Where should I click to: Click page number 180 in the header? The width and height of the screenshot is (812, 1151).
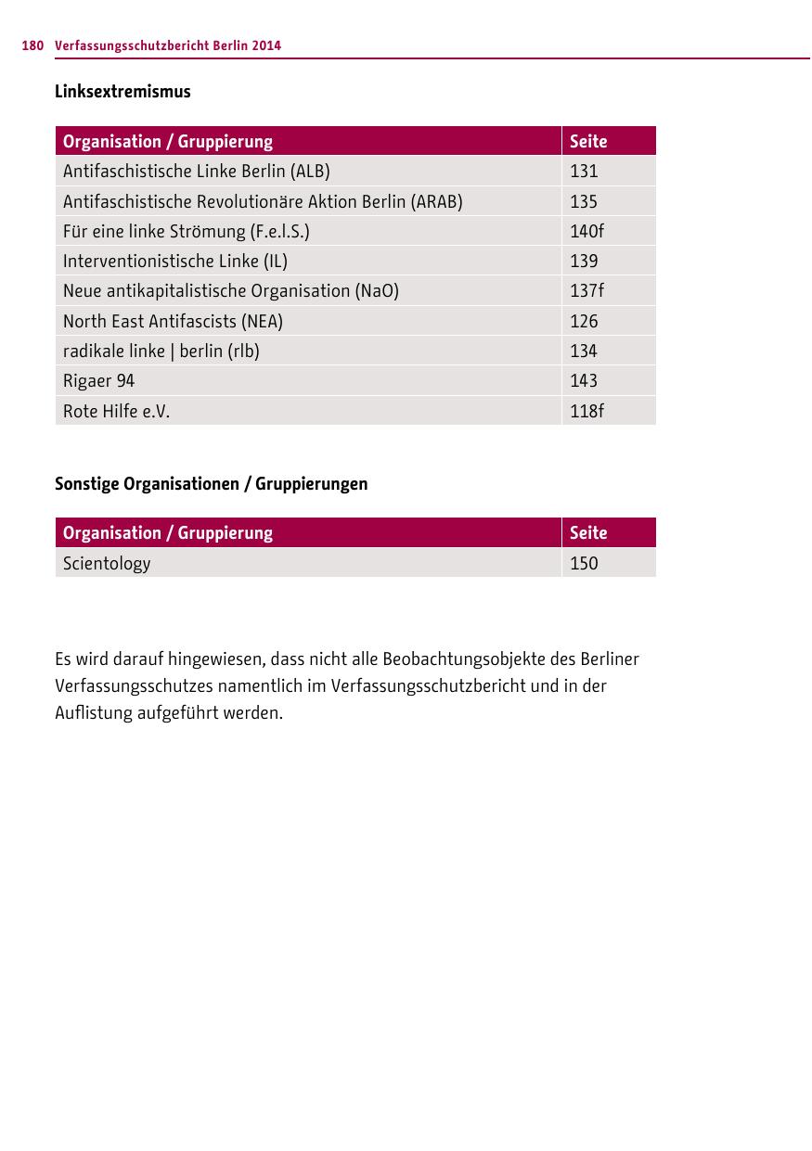[32, 45]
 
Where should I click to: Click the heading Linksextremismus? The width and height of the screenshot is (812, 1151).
[122, 91]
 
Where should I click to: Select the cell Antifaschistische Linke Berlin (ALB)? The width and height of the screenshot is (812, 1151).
[197, 172]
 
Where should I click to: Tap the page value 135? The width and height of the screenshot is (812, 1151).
[584, 201]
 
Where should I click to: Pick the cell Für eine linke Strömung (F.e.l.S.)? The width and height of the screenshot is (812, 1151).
[187, 231]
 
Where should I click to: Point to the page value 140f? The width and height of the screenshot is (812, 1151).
[586, 231]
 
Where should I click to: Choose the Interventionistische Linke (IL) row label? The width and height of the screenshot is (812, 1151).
[175, 262]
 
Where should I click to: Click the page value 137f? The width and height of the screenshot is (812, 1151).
[586, 291]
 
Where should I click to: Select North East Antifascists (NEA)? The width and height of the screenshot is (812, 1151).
[173, 321]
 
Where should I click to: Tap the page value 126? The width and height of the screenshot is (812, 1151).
[584, 321]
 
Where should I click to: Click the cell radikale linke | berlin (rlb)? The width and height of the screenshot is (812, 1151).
[161, 351]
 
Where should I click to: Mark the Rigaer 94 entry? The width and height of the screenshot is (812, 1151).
[98, 380]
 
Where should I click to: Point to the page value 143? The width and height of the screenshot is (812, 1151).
[584, 380]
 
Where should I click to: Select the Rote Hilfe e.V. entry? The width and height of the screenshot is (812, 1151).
[116, 411]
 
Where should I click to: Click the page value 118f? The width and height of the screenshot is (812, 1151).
[586, 411]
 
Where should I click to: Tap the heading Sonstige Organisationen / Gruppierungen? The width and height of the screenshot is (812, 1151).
[211, 483]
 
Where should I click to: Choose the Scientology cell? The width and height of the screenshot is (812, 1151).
[107, 563]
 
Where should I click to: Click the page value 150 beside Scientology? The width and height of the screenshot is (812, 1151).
[584, 563]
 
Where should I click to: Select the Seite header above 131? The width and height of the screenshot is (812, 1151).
[588, 141]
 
